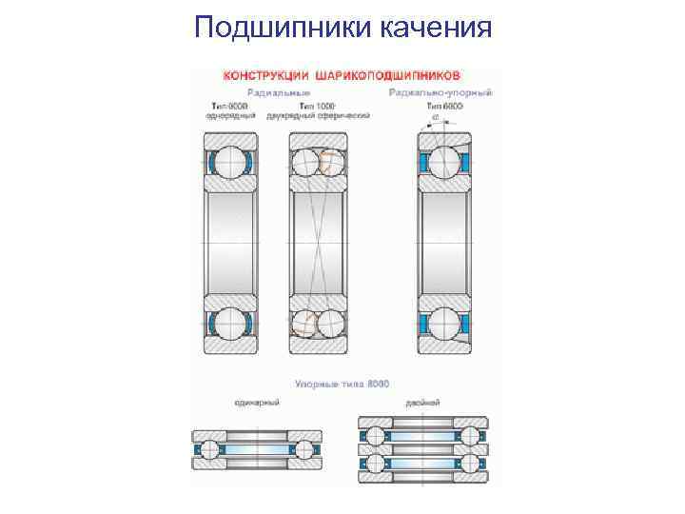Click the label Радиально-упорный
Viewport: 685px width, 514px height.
[x=440, y=92]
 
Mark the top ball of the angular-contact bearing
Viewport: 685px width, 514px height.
[x=443, y=162]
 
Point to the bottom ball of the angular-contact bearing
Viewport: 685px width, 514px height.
[x=443, y=323]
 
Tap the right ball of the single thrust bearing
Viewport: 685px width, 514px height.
[x=304, y=448]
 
